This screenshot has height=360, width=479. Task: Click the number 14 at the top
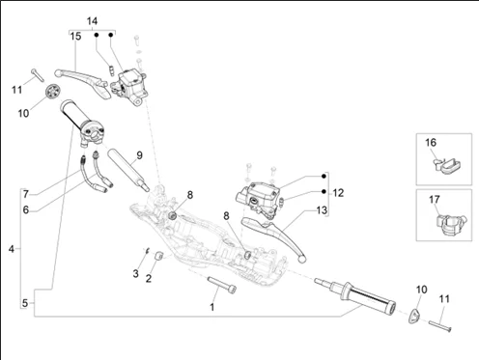pos(92,21)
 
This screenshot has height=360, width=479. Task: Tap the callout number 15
pos(76,37)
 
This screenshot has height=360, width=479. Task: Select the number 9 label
pos(139,155)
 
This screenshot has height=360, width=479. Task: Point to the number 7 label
pos(26,194)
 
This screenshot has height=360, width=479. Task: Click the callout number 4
pos(12,249)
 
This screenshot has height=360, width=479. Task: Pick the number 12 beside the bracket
pos(338,193)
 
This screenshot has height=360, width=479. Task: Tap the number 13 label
pos(322,210)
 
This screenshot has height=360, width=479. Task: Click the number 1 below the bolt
pos(212,307)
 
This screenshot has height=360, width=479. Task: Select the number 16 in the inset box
pos(431,143)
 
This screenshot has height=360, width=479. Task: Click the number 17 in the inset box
pos(435,200)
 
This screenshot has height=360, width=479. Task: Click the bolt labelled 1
pos(222,285)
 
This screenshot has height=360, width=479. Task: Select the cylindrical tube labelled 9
pos(128,170)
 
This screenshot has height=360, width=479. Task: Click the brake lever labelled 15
pos(84,81)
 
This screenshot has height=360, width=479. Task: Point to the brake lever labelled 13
pos(273,236)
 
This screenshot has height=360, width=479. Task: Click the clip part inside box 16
pos(446,164)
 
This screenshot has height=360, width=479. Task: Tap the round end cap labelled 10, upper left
pos(53,92)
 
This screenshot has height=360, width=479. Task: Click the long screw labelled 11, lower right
pos(440,325)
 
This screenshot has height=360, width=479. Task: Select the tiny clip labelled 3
pos(147,250)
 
